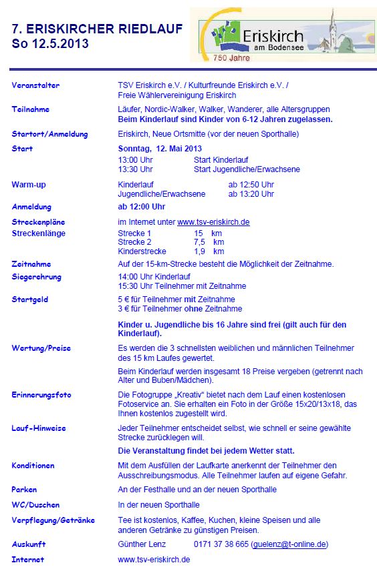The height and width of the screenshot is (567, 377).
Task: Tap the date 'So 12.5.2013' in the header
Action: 49,44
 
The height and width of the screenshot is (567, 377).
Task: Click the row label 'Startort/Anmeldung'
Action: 49,134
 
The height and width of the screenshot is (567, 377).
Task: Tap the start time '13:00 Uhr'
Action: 135,160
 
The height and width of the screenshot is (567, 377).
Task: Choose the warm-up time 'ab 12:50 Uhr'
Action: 251,184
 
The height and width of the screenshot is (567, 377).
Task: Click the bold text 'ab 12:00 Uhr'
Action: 141,207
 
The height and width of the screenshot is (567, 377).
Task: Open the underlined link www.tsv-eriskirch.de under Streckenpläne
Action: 213,222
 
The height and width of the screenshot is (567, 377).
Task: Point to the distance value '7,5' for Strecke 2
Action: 199,242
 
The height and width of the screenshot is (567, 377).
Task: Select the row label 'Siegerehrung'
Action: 36,276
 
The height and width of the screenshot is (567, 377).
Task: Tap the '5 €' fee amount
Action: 124,300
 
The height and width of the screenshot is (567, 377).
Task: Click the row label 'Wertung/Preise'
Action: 41,348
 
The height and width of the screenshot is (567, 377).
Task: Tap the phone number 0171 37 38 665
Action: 221,544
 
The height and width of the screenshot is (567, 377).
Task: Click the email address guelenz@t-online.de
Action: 290,544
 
